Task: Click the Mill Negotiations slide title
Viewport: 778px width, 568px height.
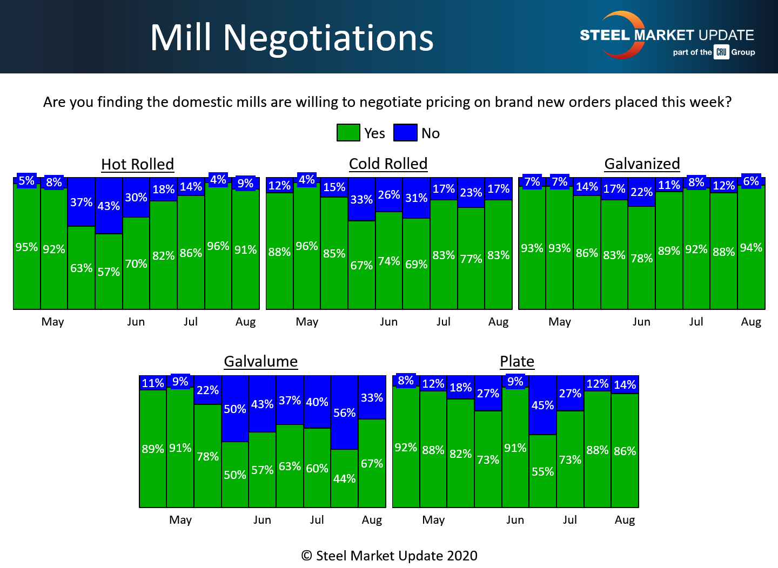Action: [292, 38]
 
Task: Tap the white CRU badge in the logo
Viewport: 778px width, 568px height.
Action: [721, 52]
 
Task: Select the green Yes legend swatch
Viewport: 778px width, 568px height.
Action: [348, 133]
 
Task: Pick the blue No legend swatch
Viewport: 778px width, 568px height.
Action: [405, 133]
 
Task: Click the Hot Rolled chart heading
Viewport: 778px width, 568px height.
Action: [137, 164]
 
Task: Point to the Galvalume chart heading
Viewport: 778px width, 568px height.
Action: [260, 361]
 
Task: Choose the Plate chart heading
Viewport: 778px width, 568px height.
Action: [517, 361]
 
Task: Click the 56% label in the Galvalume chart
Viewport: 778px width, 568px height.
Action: [344, 413]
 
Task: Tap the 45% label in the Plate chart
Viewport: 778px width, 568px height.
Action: [542, 405]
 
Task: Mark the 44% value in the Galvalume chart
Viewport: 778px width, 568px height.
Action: [344, 478]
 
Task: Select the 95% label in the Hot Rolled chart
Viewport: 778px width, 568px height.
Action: [26, 247]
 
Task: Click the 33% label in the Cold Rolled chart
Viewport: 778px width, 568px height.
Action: [361, 199]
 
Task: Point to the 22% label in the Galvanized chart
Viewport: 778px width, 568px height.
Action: [641, 192]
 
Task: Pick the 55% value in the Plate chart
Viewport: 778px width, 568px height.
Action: [542, 471]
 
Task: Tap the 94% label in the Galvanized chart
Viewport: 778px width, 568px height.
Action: [751, 248]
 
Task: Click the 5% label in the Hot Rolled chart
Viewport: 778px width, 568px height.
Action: [26, 181]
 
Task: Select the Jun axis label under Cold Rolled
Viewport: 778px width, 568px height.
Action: [388, 322]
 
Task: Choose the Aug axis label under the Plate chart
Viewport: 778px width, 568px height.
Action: [625, 520]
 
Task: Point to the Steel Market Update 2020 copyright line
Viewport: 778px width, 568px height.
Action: [389, 556]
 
